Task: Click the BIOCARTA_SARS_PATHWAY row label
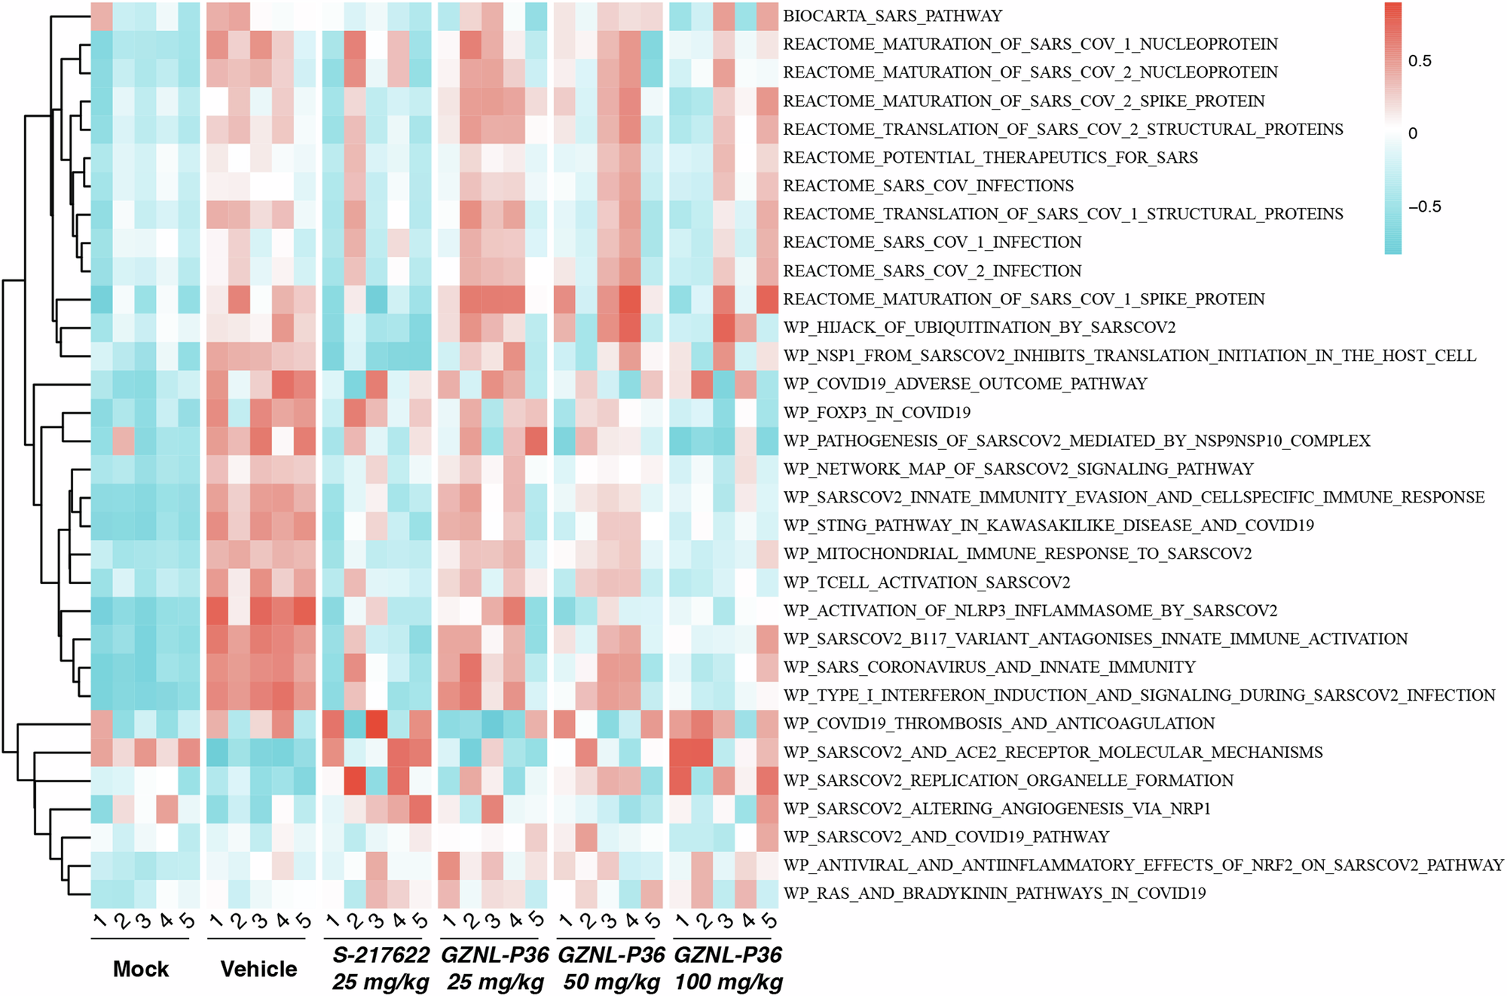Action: pyautogui.click(x=892, y=16)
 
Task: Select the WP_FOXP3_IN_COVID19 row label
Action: pyautogui.click(x=877, y=413)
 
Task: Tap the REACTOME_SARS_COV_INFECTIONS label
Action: pyautogui.click(x=928, y=186)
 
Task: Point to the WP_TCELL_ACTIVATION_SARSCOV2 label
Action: pyautogui.click(x=927, y=582)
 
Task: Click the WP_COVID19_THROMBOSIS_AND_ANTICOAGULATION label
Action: pyautogui.click(x=999, y=724)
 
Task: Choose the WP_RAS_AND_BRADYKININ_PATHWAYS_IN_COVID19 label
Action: pyautogui.click(x=995, y=894)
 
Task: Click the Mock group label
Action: pyautogui.click(x=141, y=969)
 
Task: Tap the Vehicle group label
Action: pyautogui.click(x=258, y=969)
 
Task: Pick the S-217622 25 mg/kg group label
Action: pyautogui.click(x=381, y=969)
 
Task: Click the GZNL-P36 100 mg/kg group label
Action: pyautogui.click(x=728, y=969)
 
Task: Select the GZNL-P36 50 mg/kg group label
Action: pyautogui.click(x=611, y=969)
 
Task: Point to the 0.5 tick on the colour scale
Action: pyautogui.click(x=1420, y=61)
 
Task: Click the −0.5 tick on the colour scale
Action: pyautogui.click(x=1424, y=207)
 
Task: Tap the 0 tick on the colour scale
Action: pyautogui.click(x=1413, y=133)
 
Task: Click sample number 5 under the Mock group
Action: pyautogui.click(x=187, y=921)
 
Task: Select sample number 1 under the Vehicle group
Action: pyautogui.click(x=216, y=921)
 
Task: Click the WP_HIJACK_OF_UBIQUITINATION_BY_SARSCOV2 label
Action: pyautogui.click(x=980, y=328)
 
